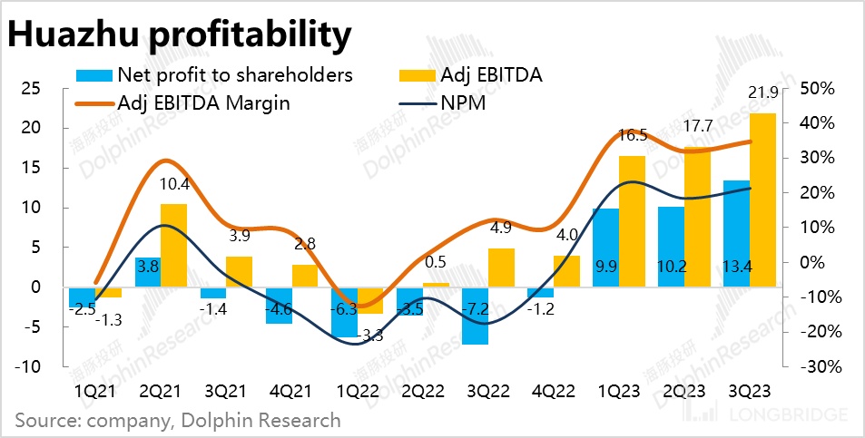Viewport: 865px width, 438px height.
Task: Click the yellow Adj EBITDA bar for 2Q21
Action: pyautogui.click(x=173, y=245)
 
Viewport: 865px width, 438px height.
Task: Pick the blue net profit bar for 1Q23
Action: pyautogui.click(x=605, y=248)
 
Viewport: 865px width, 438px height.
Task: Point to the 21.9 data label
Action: pyautogui.click(x=763, y=93)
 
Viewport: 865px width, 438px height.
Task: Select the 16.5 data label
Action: pyautogui.click(x=632, y=136)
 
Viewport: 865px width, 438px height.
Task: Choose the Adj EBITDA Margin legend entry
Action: pyautogui.click(x=203, y=102)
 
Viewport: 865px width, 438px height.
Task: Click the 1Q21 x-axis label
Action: pyautogui.click(x=94, y=392)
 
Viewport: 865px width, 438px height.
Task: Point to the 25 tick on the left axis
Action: pyautogui.click(x=33, y=88)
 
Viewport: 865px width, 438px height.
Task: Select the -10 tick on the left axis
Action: pyautogui.click(x=31, y=366)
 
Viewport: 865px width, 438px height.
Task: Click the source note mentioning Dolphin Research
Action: pyautogui.click(x=178, y=420)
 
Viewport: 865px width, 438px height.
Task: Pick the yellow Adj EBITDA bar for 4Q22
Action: pyautogui.click(x=565, y=271)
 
